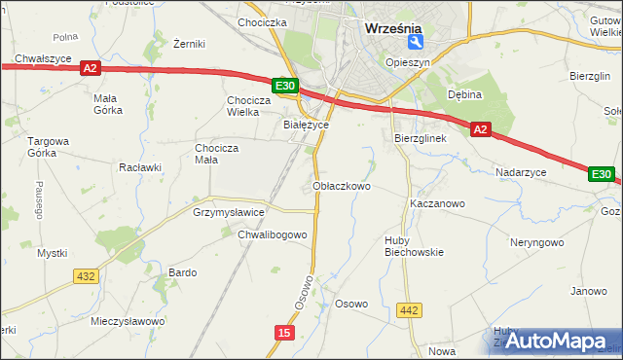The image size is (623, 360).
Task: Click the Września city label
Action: coord(391,28)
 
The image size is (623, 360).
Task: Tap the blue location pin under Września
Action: coord(416,43)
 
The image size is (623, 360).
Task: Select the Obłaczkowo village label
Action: coord(342,185)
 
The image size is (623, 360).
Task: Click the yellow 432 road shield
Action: coord(85,276)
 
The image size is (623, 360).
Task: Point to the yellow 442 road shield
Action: coord(410,310)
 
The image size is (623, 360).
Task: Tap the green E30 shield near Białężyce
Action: coord(284,87)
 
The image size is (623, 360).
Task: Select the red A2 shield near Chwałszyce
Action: coord(91,68)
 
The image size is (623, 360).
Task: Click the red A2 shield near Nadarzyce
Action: coord(481,127)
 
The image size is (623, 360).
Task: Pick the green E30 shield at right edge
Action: coord(602,175)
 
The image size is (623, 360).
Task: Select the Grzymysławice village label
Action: coord(229,211)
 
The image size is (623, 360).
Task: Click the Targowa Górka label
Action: coord(48,147)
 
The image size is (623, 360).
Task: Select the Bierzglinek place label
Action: coord(420,138)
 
